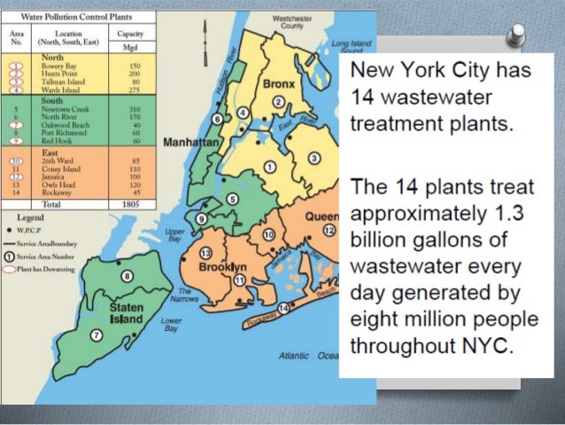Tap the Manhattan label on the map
click(x=190, y=142)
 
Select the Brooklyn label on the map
click(x=222, y=267)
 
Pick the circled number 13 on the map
click(x=205, y=251)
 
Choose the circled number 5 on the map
click(x=231, y=199)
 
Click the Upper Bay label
click(x=175, y=235)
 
